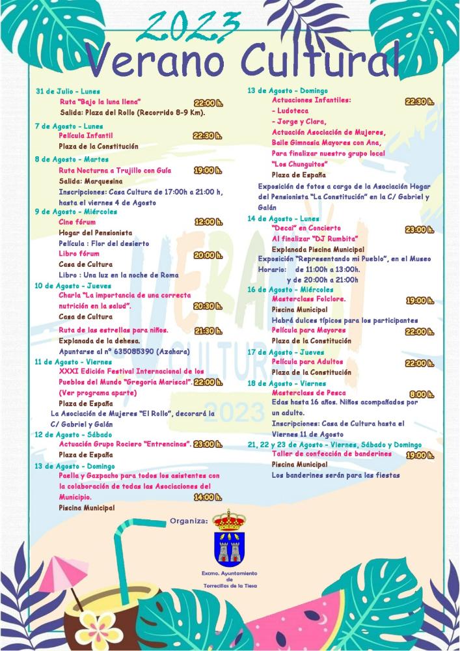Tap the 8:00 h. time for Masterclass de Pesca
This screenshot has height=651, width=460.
(421, 395)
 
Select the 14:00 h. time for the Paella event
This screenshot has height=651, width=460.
(208, 497)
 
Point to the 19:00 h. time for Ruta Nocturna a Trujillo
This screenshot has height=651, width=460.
(208, 171)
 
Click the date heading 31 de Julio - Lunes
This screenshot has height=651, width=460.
(68, 91)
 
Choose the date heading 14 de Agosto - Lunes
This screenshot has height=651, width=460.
(283, 218)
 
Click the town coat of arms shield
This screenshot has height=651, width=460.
(229, 547)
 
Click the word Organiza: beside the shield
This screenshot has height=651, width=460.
(189, 521)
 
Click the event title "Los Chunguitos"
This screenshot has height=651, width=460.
(299, 163)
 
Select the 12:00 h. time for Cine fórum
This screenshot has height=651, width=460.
(208, 222)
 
